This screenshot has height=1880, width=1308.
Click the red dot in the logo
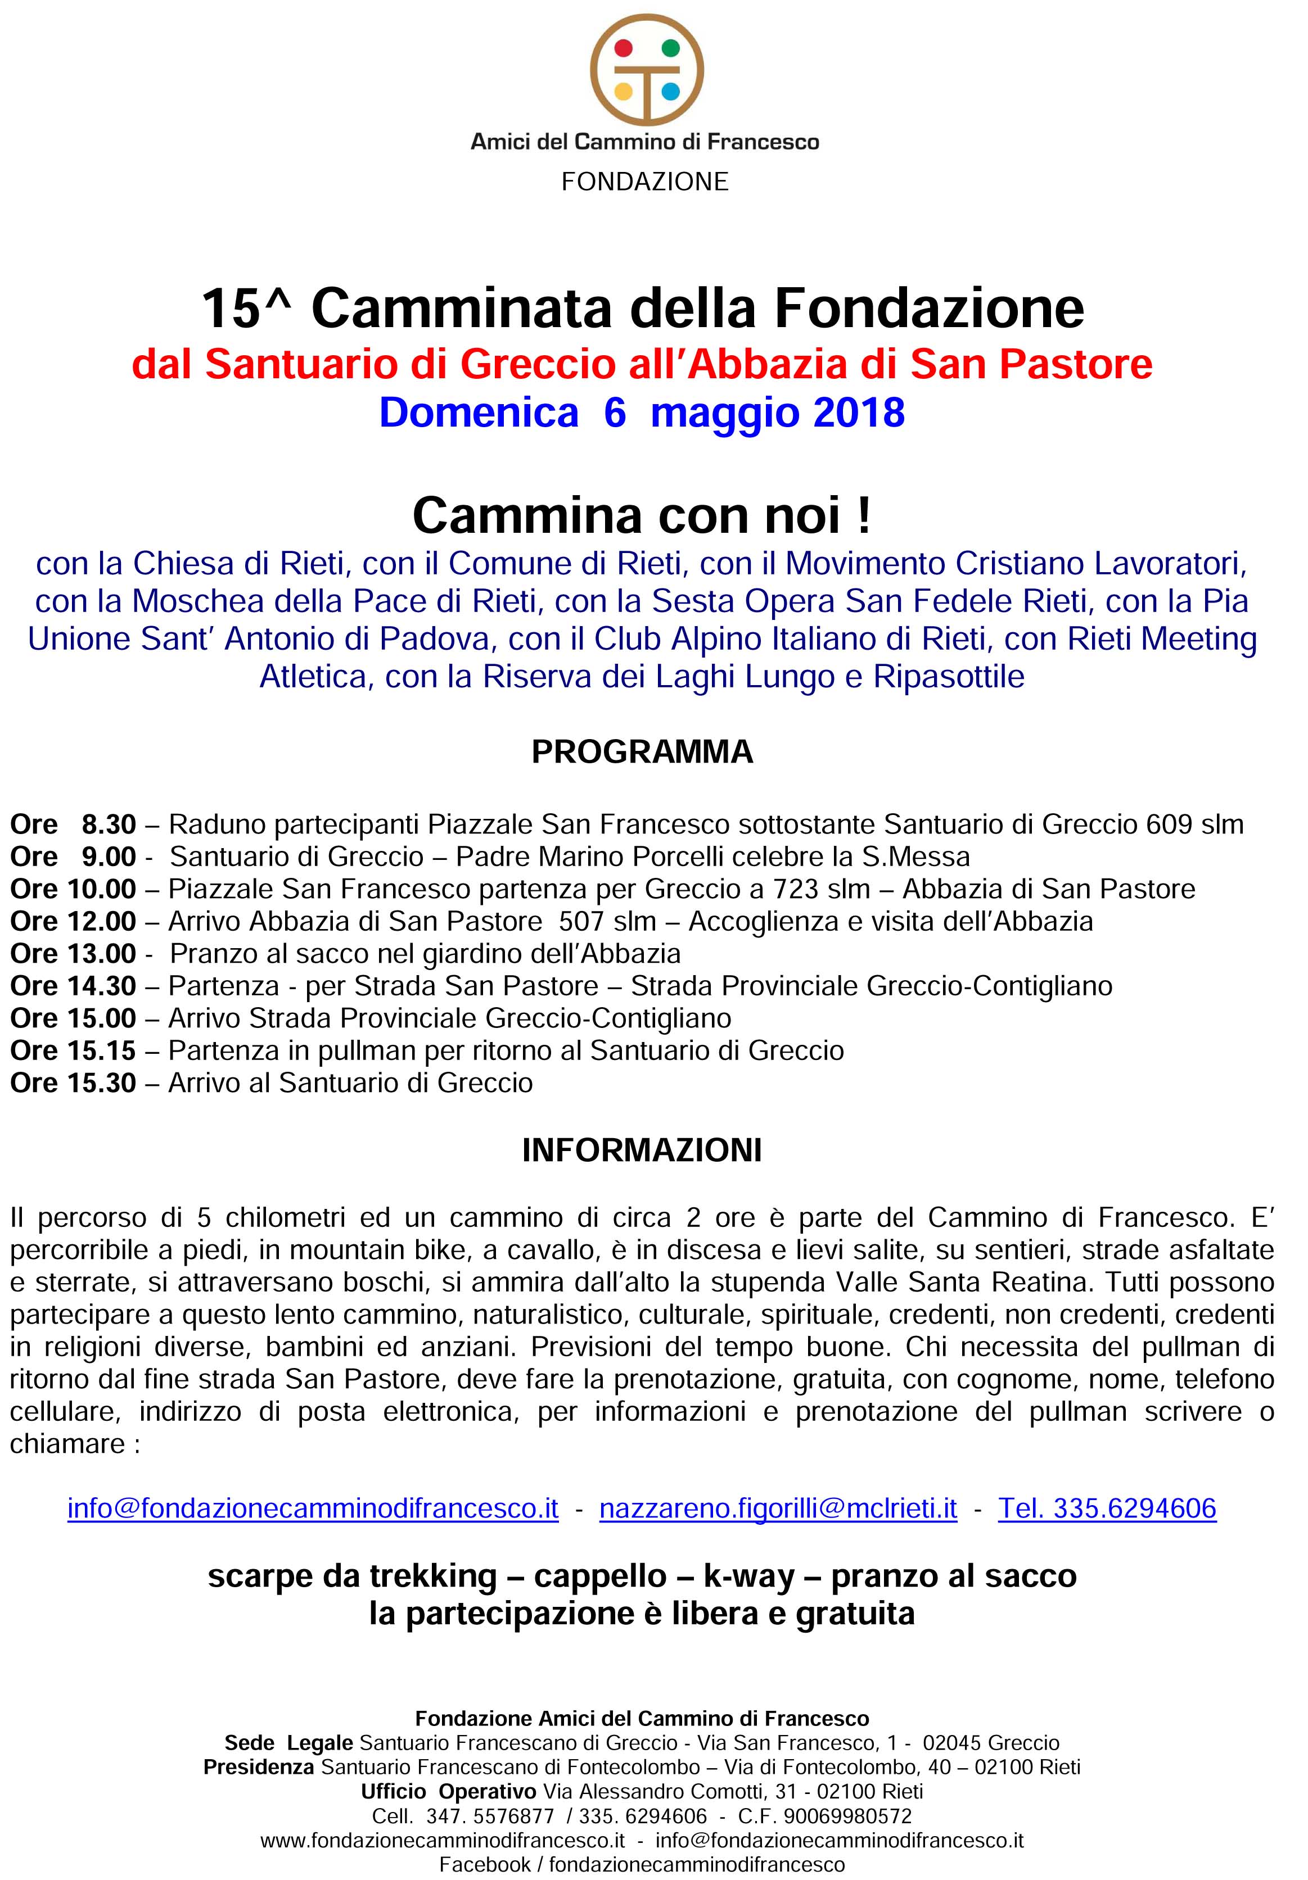click(623, 47)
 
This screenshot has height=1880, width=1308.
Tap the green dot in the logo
click(671, 47)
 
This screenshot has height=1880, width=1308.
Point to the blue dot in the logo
click(671, 90)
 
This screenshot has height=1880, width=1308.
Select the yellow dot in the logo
click(623, 90)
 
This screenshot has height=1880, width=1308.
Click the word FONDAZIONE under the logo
click(644, 181)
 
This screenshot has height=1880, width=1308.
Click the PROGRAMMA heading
click(642, 751)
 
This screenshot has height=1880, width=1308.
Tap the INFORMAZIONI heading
click(642, 1149)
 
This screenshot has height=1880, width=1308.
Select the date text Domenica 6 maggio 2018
click(642, 412)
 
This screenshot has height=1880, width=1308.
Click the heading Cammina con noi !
click(642, 515)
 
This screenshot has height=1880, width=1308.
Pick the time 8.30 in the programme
click(108, 824)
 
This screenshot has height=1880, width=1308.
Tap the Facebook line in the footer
click(642, 1864)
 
